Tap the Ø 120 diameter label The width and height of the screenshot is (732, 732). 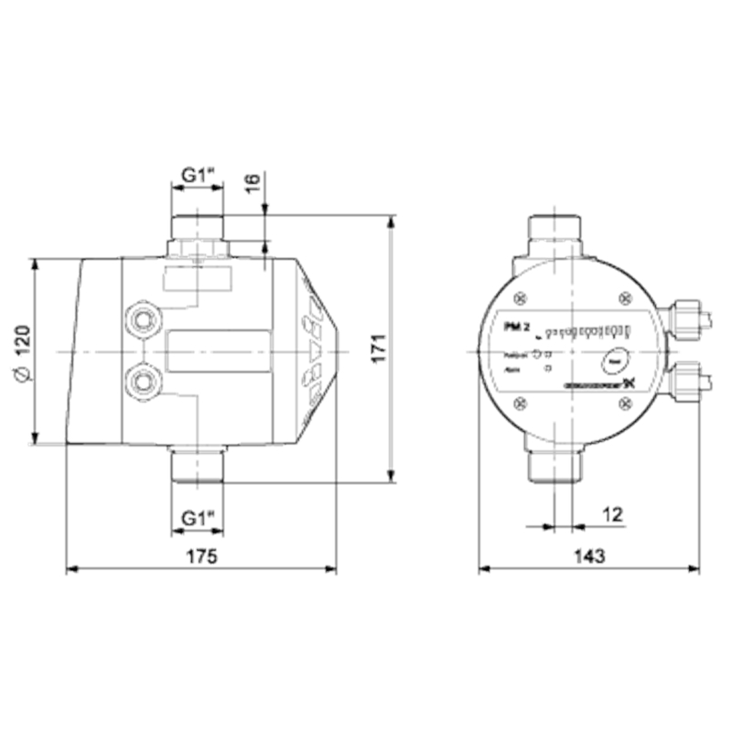coord(24,350)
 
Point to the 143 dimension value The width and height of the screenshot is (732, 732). coord(589,556)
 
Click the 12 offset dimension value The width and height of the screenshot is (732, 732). coord(612,515)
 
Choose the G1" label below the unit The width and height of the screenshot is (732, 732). coord(198,518)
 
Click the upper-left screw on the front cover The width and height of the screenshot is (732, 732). coord(521,297)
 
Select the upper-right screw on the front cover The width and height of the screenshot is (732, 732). coord(625,297)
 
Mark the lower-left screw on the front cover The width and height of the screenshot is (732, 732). coord(521,402)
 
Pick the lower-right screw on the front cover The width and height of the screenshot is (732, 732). coord(625,402)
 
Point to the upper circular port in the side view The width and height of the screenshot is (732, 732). coord(144,319)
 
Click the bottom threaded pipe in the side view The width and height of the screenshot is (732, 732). coord(198,464)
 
